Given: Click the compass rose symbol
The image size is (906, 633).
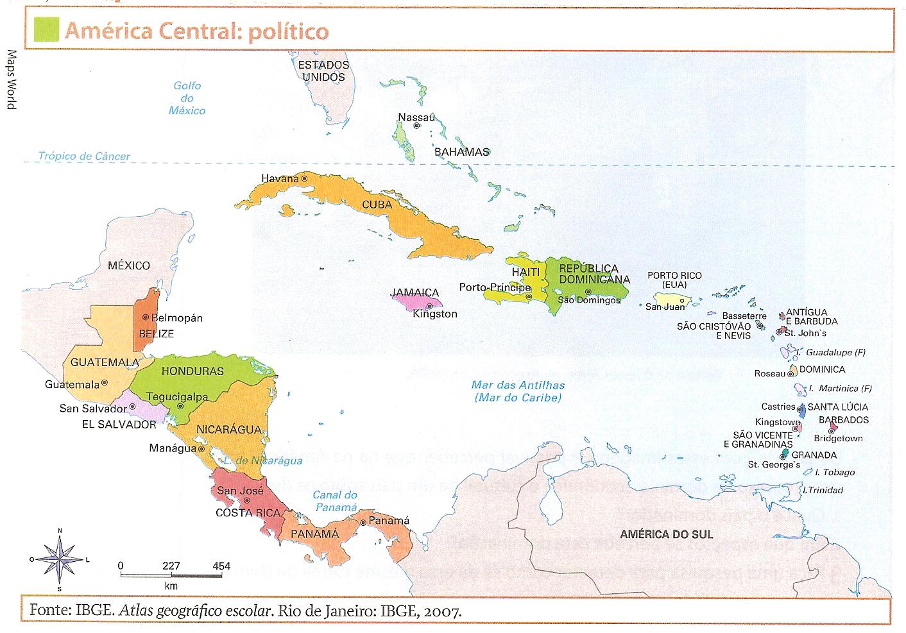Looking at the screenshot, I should pyautogui.click(x=60, y=559).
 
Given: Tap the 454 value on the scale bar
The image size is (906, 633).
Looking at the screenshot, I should pyautogui.click(x=221, y=566).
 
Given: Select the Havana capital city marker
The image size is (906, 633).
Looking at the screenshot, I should pyautogui.click(x=305, y=178).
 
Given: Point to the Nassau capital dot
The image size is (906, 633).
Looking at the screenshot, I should pyautogui.click(x=416, y=126).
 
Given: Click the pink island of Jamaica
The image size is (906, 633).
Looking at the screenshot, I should pyautogui.click(x=418, y=299).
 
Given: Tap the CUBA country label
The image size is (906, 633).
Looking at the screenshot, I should pyautogui.click(x=377, y=205).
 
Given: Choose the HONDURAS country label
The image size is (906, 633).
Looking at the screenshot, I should pyautogui.click(x=192, y=371).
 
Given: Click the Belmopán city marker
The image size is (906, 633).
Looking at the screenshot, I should pyautogui.click(x=146, y=317).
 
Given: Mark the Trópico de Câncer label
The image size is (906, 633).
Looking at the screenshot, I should pyautogui.click(x=83, y=156).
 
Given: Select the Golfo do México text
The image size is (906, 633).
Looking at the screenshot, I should pyautogui.click(x=187, y=98).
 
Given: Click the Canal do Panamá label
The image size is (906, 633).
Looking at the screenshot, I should pyautogui.click(x=334, y=501).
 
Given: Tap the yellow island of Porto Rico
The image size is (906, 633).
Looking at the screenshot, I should pyautogui.click(x=678, y=300).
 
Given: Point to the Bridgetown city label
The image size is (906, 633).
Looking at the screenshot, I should pyautogui.click(x=838, y=439).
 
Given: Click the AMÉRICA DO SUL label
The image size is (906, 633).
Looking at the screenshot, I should pyautogui.click(x=666, y=534).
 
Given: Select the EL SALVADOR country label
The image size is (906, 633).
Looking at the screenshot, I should pyautogui.click(x=119, y=424).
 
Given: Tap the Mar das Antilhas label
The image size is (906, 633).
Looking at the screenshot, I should pyautogui.click(x=518, y=391).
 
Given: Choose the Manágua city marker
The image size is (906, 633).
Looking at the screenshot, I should pyautogui.click(x=201, y=449).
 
